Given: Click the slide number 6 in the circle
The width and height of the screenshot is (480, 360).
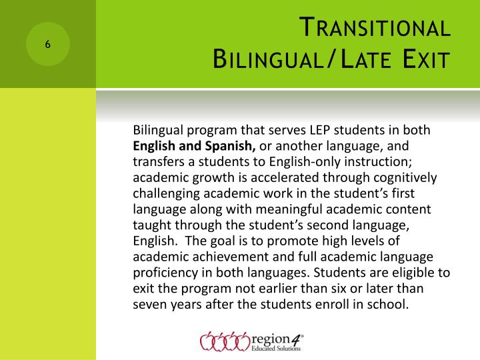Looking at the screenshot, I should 48,45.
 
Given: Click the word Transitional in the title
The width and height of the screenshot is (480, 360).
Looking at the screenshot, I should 374,29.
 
